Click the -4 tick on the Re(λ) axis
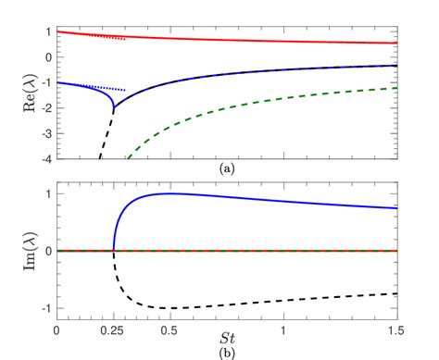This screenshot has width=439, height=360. (x=44, y=158)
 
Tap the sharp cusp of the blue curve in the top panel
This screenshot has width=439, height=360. (x=114, y=109)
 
